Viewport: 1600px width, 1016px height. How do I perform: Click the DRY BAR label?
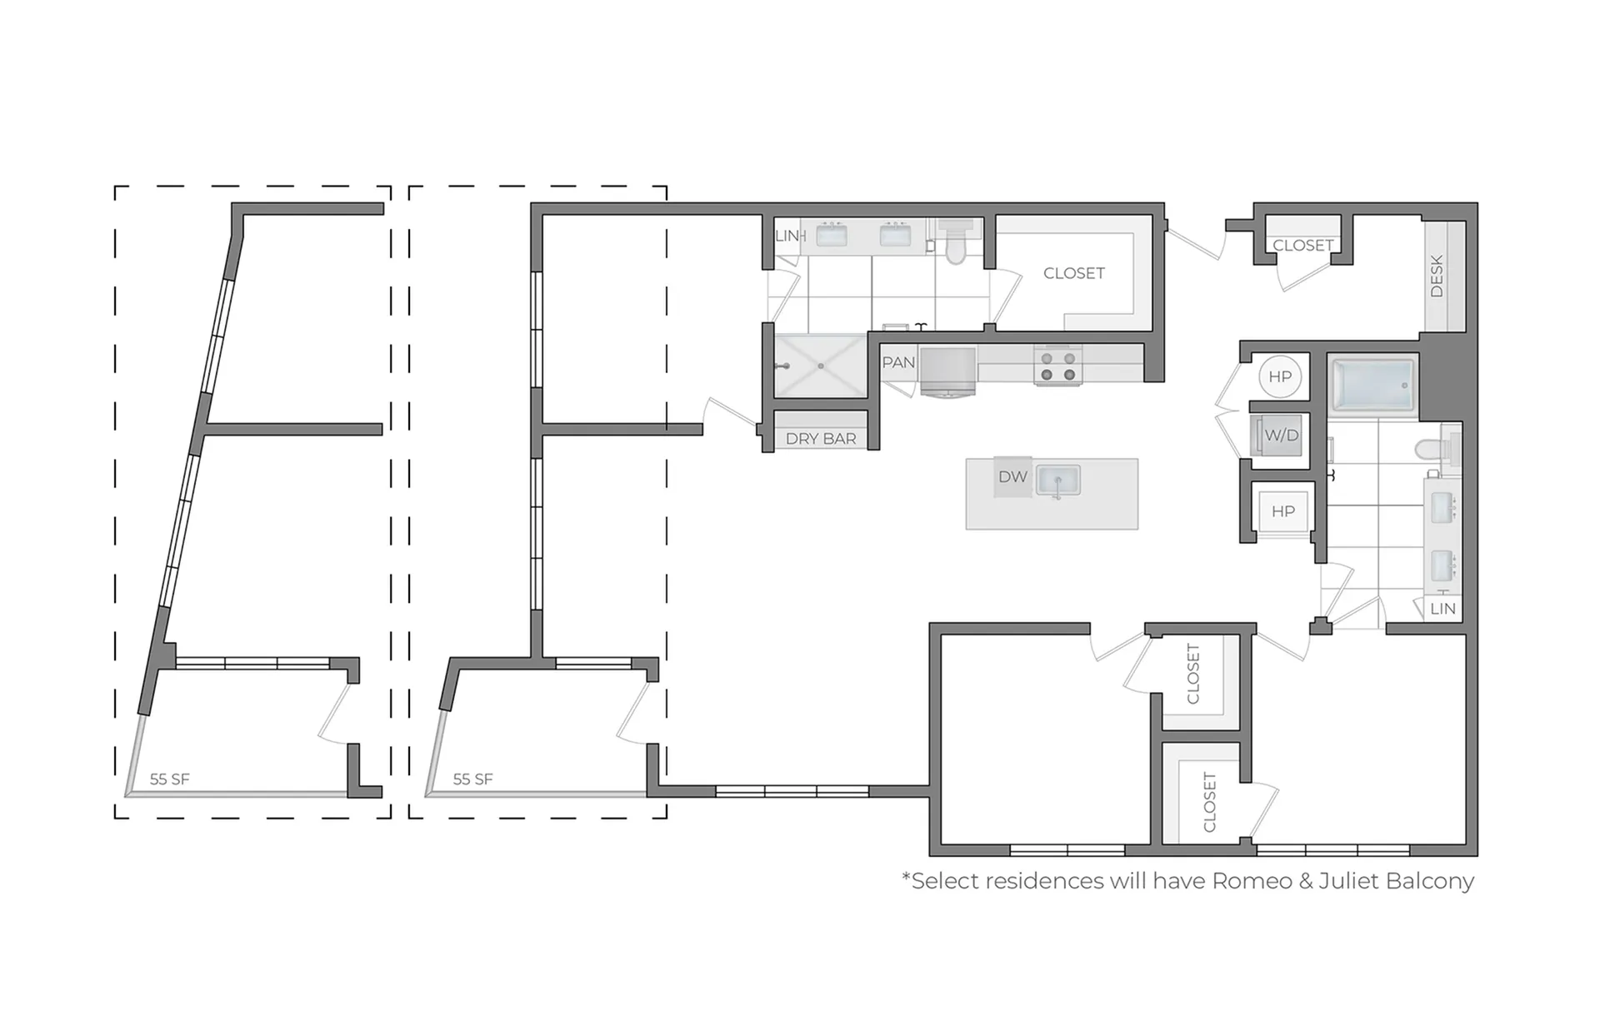coord(821,439)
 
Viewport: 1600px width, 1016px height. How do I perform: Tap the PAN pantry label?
coord(898,362)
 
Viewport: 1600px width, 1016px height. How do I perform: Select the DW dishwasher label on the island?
coord(1012,477)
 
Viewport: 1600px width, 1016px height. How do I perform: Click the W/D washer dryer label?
coord(1281,435)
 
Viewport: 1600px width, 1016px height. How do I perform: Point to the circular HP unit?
coord(1280,376)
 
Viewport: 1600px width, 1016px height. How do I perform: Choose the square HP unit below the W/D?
coord(1282,510)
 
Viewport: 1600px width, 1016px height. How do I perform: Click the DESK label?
coord(1437,276)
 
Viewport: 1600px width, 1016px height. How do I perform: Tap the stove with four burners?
coord(1058,366)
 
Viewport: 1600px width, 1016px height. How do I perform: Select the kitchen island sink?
coord(1058,481)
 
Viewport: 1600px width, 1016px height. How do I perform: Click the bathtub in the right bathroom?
coord(1372,384)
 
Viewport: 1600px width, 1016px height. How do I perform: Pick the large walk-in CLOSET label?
coord(1074,273)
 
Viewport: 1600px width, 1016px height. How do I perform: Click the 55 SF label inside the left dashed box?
coord(169,779)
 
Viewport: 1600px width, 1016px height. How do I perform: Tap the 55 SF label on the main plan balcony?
coord(472,779)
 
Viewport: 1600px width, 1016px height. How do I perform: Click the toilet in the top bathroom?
coord(955,242)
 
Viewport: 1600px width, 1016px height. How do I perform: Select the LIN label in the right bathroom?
coord(1442,609)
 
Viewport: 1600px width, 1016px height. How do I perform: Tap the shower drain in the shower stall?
coord(821,366)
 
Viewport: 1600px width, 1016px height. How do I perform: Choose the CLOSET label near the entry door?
coord(1303,246)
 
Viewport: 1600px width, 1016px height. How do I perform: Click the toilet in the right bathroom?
coord(1436,448)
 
